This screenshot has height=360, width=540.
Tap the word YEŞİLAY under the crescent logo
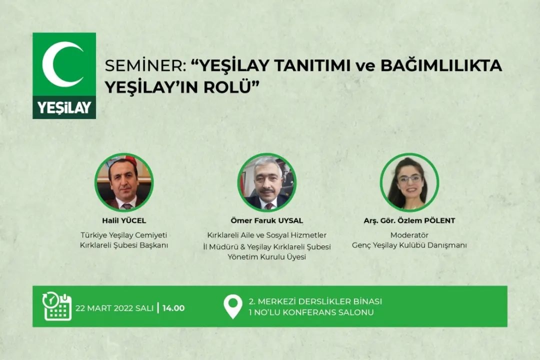64,107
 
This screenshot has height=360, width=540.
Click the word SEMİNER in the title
145,65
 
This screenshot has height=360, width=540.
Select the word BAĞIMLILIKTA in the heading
441,65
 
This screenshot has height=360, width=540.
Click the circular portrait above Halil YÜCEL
124,182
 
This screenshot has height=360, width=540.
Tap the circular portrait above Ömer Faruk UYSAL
267,182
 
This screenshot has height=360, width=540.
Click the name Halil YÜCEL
124,220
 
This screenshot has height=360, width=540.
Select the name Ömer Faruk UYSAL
267,220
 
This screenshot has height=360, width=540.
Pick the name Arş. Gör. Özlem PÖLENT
409,220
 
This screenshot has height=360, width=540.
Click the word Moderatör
409,235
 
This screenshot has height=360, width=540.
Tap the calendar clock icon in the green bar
57,306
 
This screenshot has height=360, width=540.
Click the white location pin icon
233,306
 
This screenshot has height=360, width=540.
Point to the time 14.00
173,308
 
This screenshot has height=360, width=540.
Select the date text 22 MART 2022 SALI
114,308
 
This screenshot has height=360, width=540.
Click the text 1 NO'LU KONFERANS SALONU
311,312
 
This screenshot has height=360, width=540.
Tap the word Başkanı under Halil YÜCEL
153,245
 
